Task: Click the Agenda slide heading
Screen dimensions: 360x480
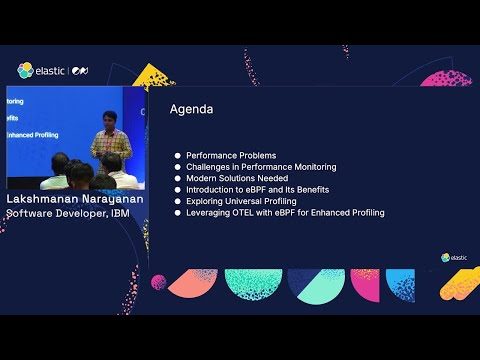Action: [192, 108]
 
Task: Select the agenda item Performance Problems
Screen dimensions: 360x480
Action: [231, 156]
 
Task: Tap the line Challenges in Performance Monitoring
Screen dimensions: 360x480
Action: [260, 167]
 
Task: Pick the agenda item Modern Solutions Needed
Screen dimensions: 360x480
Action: [236, 178]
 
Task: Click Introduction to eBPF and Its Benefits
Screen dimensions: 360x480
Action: [257, 189]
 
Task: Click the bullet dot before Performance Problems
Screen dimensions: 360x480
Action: [178, 156]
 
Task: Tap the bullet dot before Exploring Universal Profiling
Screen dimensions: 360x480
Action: [178, 201]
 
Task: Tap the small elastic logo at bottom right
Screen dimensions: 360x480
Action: [454, 257]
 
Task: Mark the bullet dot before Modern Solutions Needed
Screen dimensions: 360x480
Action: [178, 178]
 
